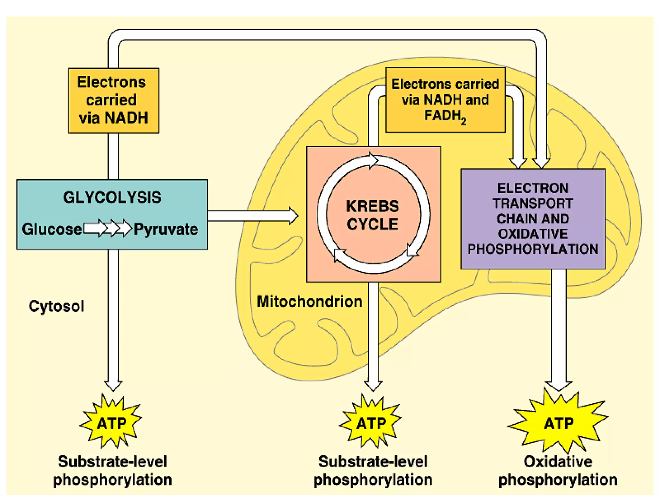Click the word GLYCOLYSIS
pos(112,197)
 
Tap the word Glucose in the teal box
pos(52,229)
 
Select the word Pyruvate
pos(166,229)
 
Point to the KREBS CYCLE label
pos(373,215)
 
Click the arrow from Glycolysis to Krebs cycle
pos(253,216)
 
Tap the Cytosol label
pos(56,306)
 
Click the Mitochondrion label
pos(309,301)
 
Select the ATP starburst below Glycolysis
pos(111,422)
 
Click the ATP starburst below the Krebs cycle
pos(371,422)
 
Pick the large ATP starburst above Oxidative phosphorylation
pos(558,422)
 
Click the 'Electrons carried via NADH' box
pos(113,100)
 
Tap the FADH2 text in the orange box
pos(445,116)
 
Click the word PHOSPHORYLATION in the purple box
pos(533,249)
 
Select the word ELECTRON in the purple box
pos(533,188)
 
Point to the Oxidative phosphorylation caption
pos(558,471)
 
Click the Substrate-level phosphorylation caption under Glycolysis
pos(112,471)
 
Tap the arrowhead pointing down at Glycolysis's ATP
pos(113,385)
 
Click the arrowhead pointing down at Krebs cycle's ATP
pos(373,385)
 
